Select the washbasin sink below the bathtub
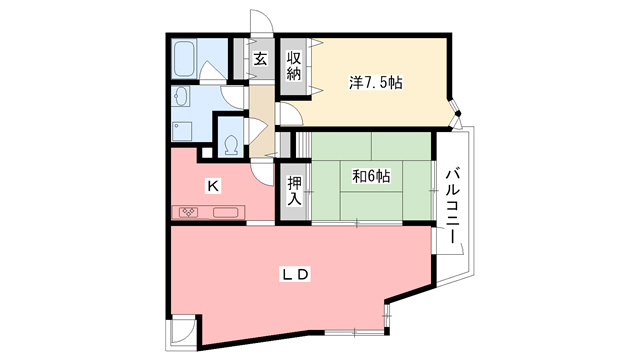181,97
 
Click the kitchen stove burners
192,212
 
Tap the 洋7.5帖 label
375,83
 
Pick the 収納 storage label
294,67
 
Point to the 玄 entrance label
259,60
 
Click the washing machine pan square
182,130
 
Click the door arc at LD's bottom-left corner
182,331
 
